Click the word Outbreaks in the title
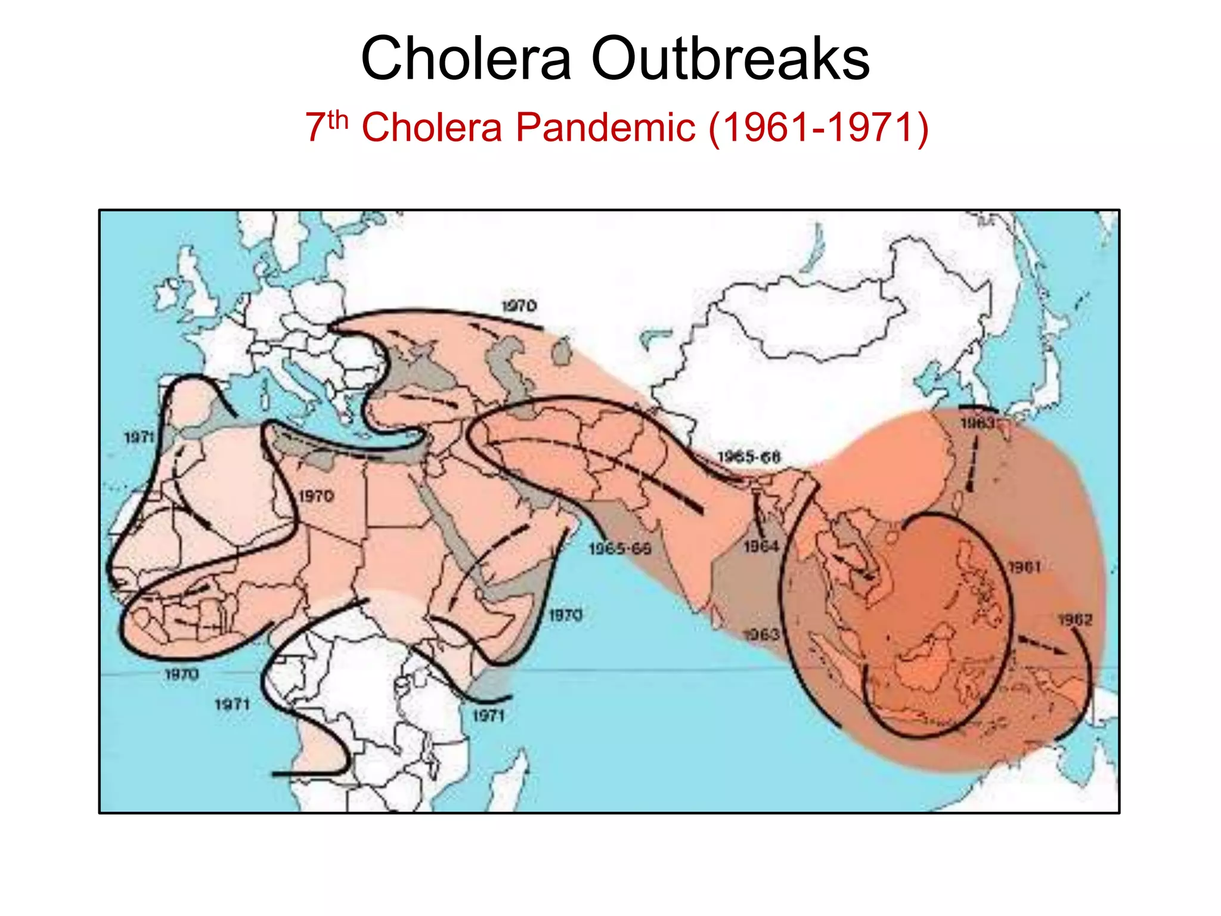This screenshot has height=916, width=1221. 730,58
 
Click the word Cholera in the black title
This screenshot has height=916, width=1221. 466,58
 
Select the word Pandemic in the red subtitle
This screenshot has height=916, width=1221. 605,127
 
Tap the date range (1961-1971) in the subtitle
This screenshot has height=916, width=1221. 818,127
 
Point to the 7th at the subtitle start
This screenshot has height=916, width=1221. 326,126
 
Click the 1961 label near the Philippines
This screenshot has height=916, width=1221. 1024,566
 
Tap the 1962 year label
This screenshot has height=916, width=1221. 1075,620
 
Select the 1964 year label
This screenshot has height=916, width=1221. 761,546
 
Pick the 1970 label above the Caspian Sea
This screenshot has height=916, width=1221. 519,306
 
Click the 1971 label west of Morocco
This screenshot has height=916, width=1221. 140,437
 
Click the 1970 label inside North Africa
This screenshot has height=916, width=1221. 316,496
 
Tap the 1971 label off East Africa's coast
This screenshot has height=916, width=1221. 488,715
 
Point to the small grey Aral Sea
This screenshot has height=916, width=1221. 561,352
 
